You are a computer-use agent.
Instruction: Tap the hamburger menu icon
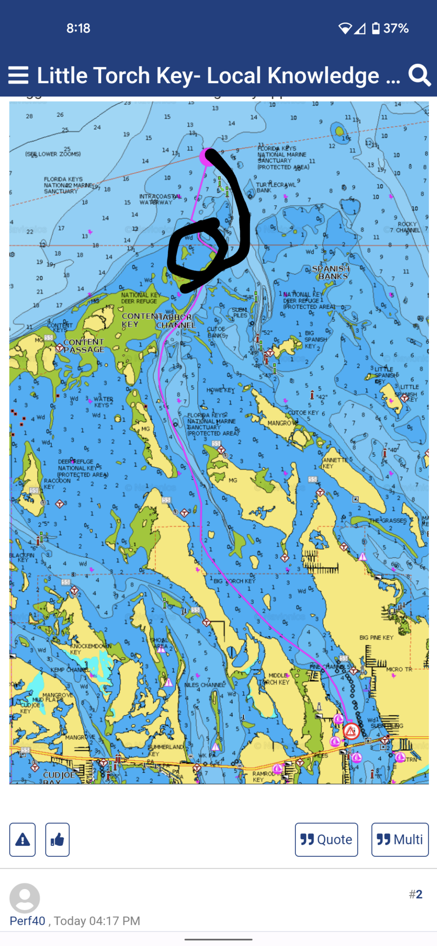coord(18,75)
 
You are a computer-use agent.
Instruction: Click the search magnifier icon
coord(419,75)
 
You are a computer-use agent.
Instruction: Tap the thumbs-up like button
coord(57,840)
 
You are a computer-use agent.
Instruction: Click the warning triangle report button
coord(22,840)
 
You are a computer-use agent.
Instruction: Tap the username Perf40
coord(28,921)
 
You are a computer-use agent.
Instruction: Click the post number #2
coord(416,894)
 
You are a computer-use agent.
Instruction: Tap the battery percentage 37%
coord(396,28)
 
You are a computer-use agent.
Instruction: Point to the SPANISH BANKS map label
coord(331,272)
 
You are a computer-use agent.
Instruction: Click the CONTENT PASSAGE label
coord(84,346)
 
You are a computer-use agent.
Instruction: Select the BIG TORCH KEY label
coord(234,581)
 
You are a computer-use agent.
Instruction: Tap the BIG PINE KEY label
coord(376,637)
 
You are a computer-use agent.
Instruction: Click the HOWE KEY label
coord(220,390)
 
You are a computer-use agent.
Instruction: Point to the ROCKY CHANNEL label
coord(408,227)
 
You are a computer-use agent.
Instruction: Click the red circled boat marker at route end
coord(351,731)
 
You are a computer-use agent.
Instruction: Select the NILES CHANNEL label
coord(204,685)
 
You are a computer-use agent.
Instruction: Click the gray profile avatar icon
coord(25,898)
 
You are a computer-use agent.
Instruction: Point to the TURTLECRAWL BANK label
coord(269,187)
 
